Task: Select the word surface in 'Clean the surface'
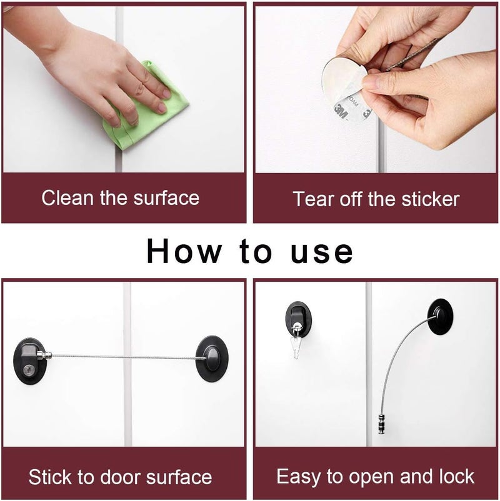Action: click(166, 198)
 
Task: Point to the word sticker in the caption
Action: click(430, 199)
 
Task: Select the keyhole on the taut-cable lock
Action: click(28, 370)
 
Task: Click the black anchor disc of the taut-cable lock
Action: click(212, 359)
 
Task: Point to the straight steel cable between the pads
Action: click(124, 357)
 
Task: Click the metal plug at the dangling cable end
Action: click(382, 424)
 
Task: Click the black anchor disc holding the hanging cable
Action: click(440, 316)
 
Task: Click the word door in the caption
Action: click(120, 477)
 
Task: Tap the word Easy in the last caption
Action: click(299, 477)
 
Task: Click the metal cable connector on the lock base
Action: click(44, 355)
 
